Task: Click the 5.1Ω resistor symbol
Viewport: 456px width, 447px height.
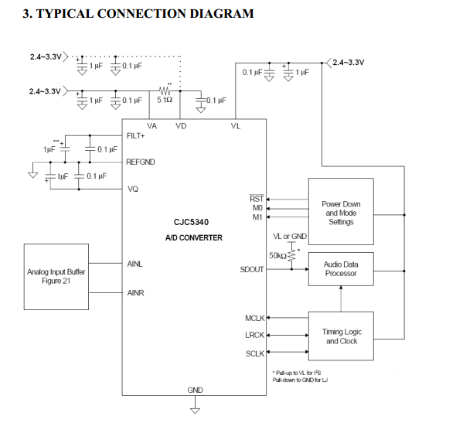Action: (x=165, y=90)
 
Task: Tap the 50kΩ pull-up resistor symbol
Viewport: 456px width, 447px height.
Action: (x=291, y=255)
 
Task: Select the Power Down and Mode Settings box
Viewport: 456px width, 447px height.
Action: (x=341, y=212)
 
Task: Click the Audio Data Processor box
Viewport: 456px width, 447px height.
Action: (x=341, y=269)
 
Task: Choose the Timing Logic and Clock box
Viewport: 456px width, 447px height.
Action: (x=341, y=336)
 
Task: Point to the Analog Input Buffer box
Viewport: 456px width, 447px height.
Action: (x=56, y=277)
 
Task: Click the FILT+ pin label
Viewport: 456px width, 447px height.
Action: (x=135, y=136)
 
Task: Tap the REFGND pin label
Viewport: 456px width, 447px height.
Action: (x=141, y=162)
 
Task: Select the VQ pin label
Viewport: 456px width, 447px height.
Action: (x=133, y=189)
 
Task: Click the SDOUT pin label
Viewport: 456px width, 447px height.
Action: (x=252, y=269)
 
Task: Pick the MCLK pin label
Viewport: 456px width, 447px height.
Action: (x=255, y=318)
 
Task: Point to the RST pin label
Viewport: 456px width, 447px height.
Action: (x=257, y=199)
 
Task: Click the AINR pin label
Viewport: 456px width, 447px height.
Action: (x=135, y=293)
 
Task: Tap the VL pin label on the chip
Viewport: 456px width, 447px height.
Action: (x=236, y=126)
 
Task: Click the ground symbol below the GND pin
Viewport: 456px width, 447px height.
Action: (x=195, y=411)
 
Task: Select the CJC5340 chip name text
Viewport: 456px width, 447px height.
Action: (x=191, y=222)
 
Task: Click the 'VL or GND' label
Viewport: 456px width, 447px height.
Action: (x=290, y=237)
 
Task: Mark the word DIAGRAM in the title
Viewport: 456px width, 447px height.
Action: (x=222, y=14)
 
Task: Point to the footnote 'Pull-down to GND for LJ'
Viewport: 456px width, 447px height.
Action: (x=300, y=380)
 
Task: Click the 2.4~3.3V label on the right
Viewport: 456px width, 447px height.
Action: (x=348, y=63)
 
